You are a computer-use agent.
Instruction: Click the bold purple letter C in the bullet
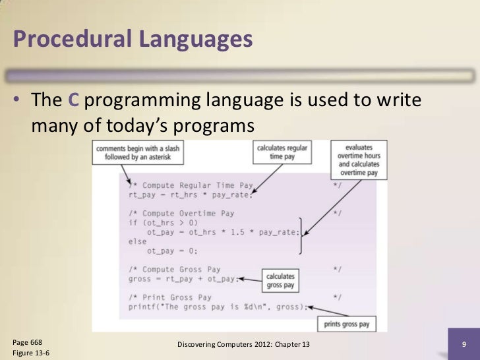75,100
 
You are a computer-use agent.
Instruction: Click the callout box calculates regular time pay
282,152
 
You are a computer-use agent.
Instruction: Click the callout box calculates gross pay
280,280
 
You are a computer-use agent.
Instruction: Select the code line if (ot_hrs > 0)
159,223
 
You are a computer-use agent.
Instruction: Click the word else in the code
138,241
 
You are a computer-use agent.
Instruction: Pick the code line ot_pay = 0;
172,251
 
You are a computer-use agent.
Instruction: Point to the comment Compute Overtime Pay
181,214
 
